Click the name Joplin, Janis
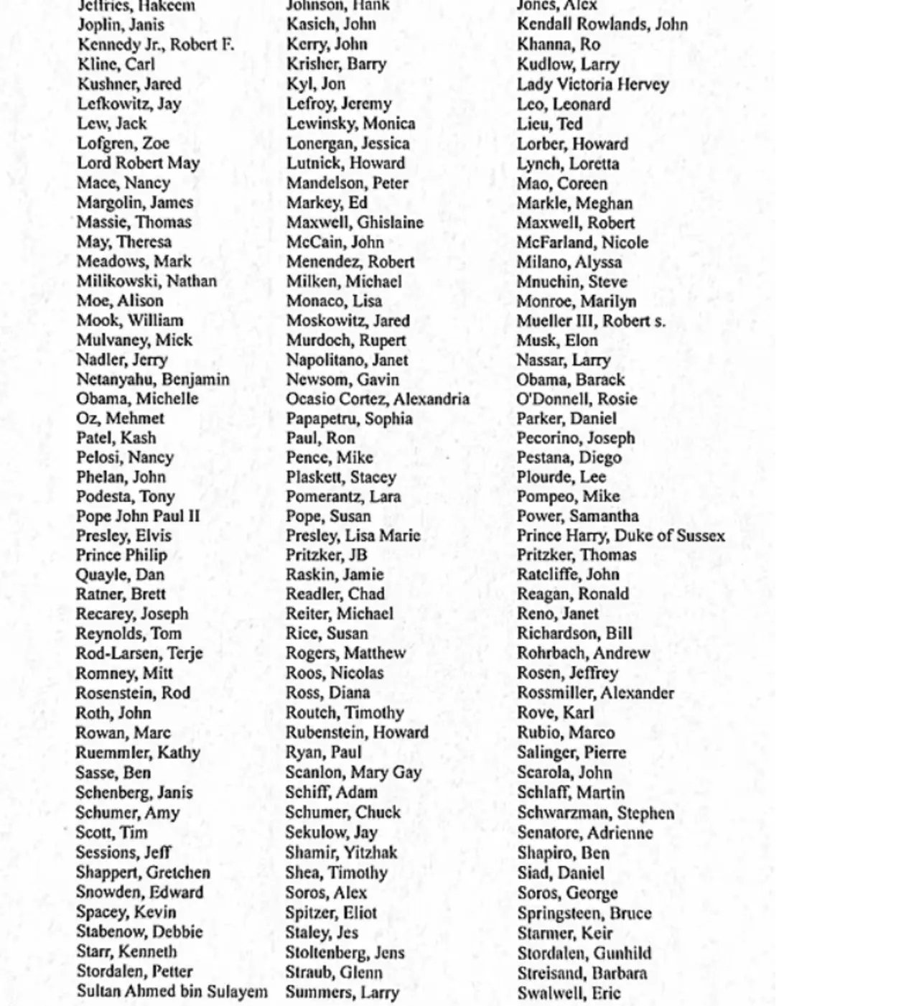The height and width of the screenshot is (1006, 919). tap(120, 25)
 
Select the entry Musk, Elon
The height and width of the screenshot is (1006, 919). tap(557, 340)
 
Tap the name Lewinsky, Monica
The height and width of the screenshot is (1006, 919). tap(350, 124)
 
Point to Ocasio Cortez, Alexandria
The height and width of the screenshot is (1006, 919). tap(378, 399)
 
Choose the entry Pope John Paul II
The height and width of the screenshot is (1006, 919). tap(138, 516)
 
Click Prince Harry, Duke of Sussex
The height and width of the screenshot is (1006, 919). tap(620, 536)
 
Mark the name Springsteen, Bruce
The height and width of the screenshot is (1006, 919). tap(584, 913)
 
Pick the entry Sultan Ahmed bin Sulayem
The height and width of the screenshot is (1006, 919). tap(172, 992)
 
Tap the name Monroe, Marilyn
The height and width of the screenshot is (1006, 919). tap(576, 301)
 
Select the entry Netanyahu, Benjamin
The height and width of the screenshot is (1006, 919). tap(153, 380)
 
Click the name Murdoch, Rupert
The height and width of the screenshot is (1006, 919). tap(346, 340)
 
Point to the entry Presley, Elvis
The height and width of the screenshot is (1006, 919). tap(123, 536)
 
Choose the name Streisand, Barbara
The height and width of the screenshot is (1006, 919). tap(582, 974)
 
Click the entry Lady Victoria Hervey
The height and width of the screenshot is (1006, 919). tap(592, 84)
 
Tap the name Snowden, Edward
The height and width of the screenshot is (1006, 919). tap(139, 893)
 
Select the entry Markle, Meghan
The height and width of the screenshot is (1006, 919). tap(574, 203)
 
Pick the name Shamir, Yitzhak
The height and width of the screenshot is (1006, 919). tap(341, 853)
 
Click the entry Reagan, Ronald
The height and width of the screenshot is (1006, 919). tap(572, 594)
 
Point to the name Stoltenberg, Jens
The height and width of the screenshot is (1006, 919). tap(345, 953)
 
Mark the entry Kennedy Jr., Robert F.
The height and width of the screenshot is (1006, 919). tap(156, 45)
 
